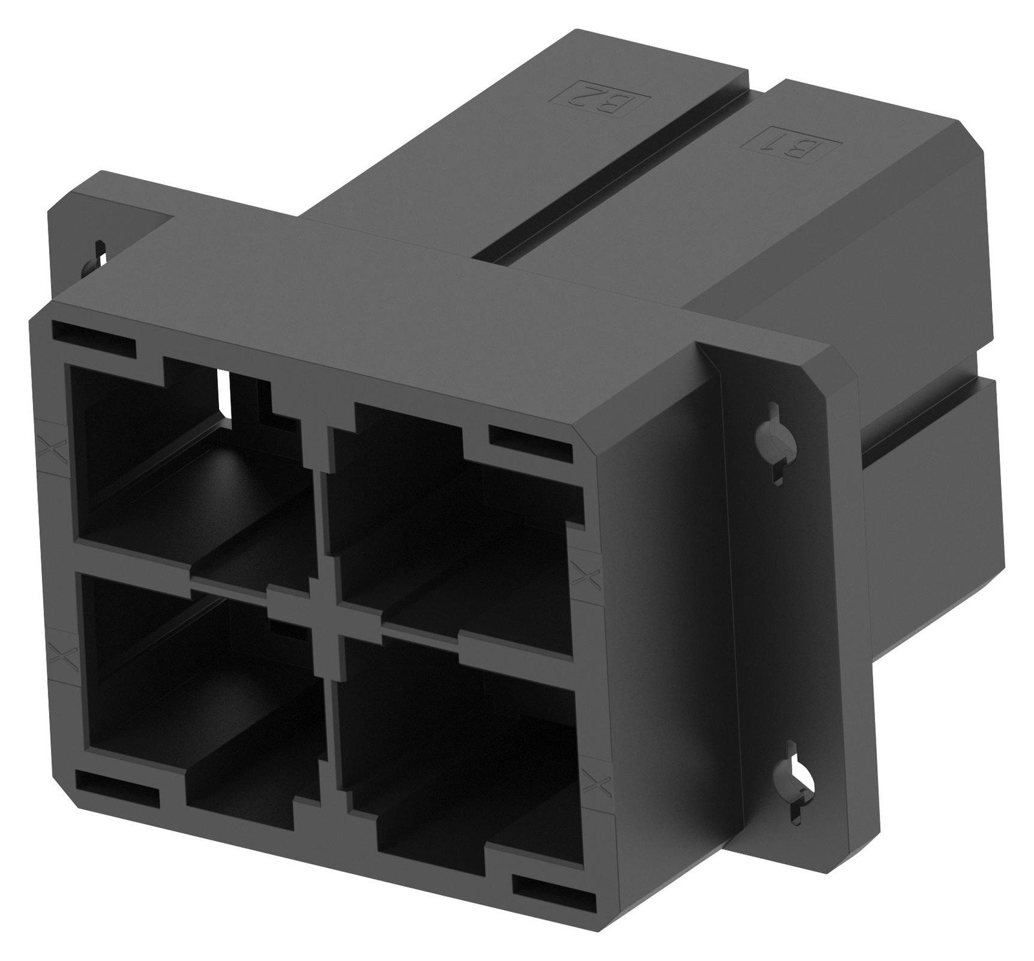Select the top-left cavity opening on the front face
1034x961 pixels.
pyautogui.click(x=187, y=465)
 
